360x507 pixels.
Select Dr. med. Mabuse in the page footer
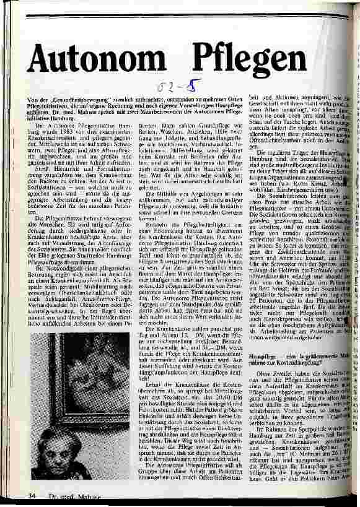[x=68, y=496]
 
